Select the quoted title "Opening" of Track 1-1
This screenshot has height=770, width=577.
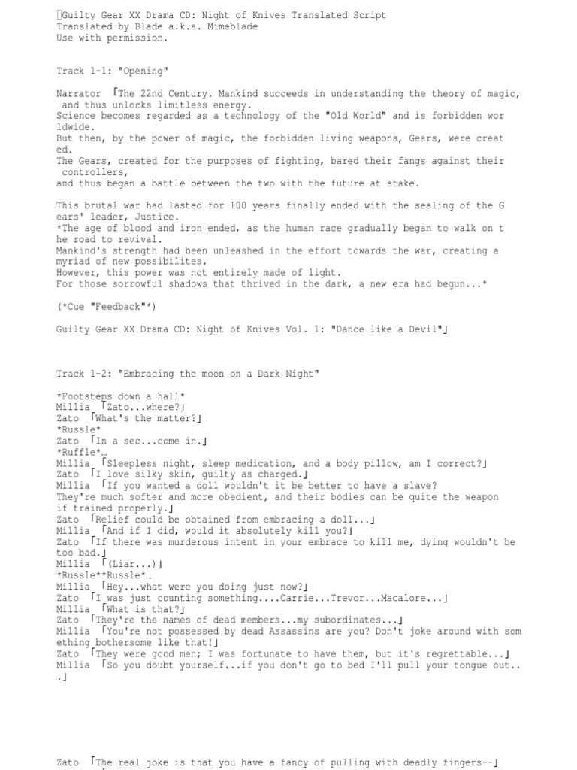tap(141, 71)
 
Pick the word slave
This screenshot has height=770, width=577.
tap(418, 486)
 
